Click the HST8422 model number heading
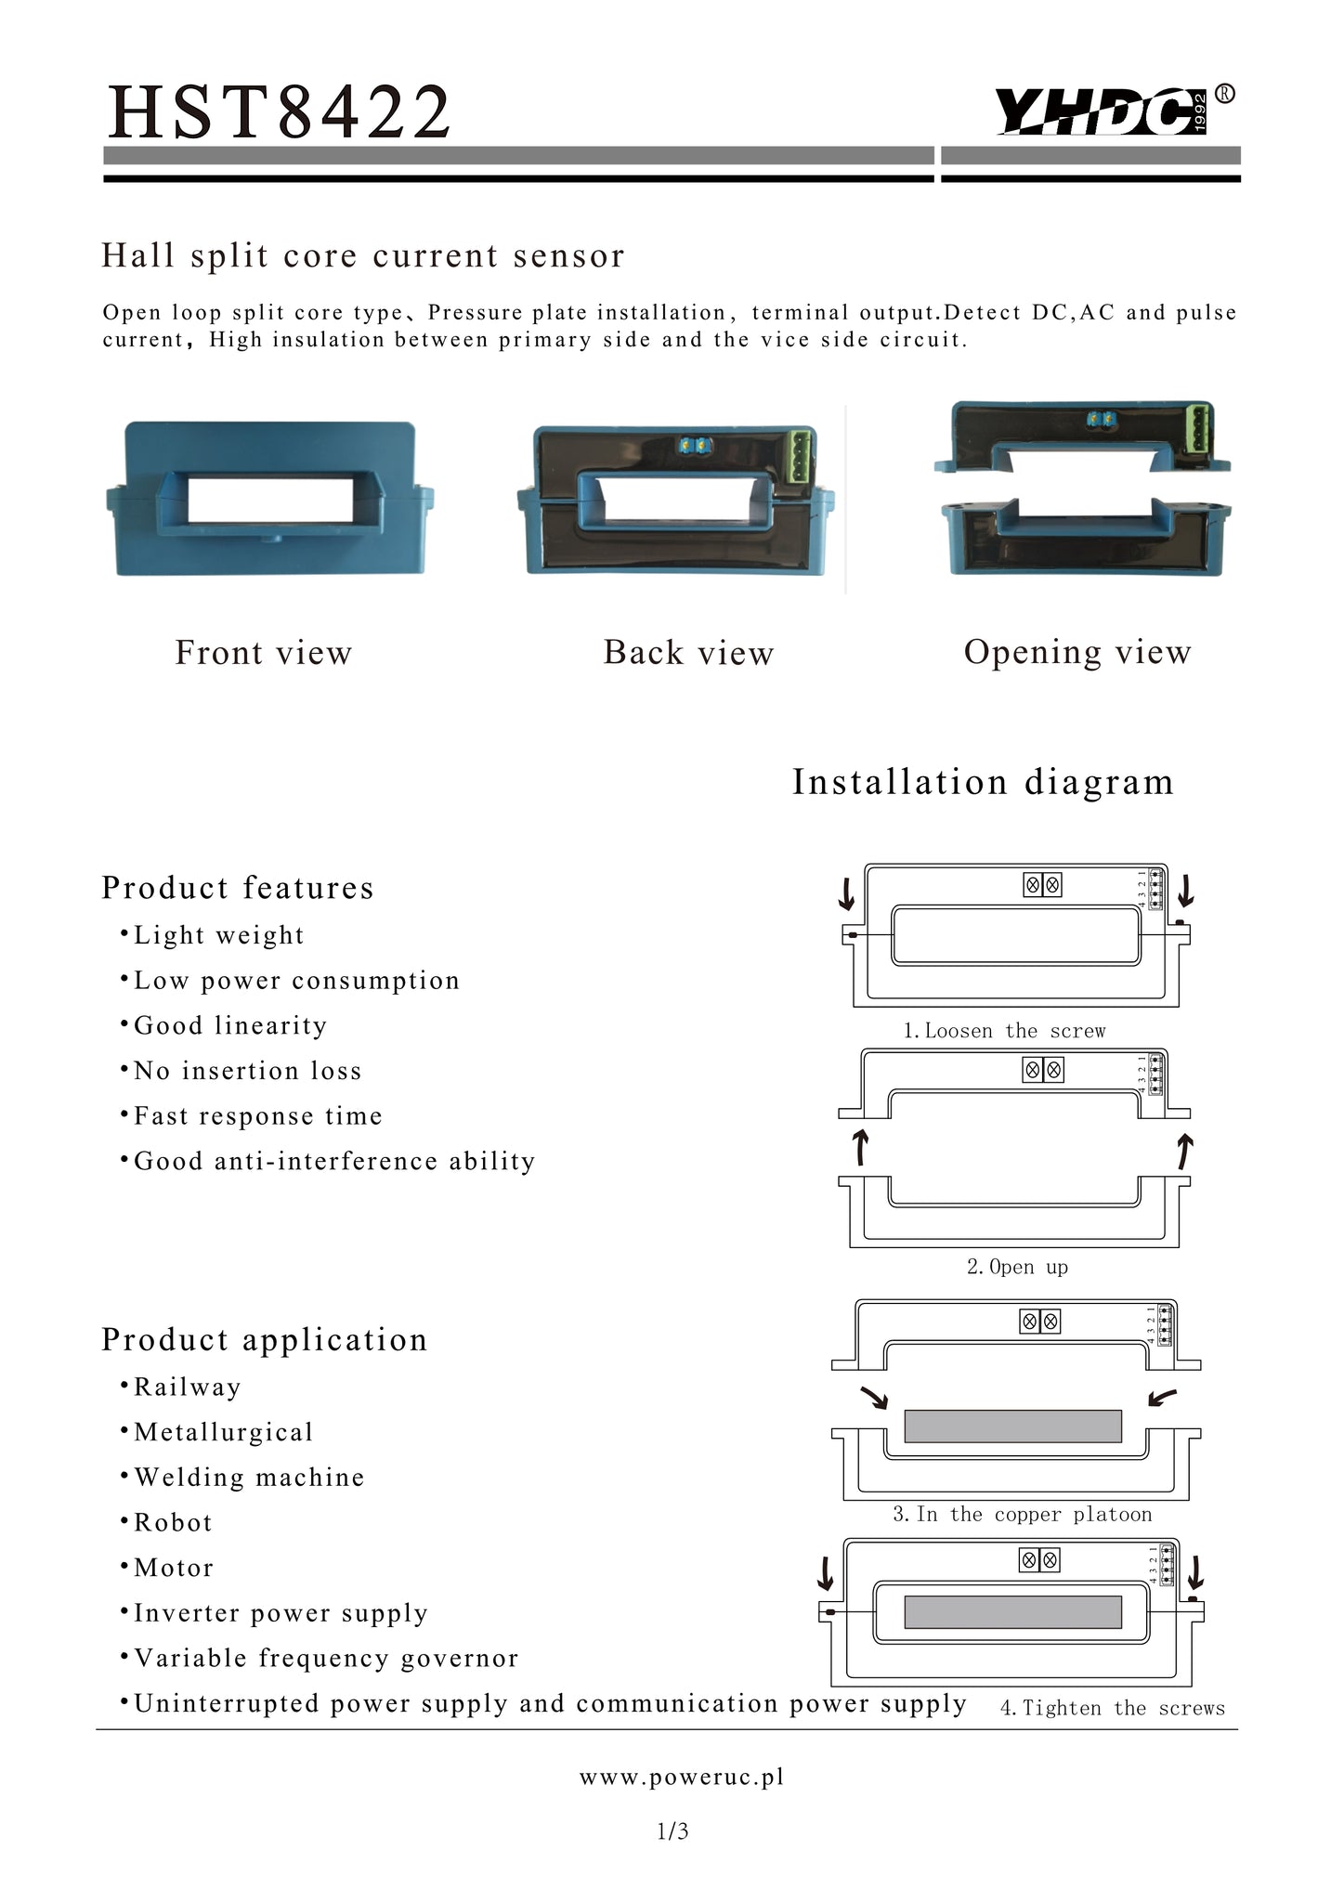(280, 112)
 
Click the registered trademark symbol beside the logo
(1225, 94)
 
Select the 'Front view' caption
(264, 653)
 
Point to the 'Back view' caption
(688, 653)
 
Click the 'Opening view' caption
(1077, 653)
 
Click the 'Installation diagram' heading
(983, 782)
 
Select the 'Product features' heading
(238, 888)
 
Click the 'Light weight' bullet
(218, 935)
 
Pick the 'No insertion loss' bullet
(247, 1071)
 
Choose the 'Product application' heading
(265, 1339)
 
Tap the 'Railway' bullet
(187, 1387)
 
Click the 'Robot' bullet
(173, 1523)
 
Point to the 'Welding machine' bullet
(249, 1478)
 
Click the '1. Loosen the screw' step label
(1004, 1031)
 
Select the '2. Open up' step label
(1017, 1267)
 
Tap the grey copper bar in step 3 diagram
(1012, 1426)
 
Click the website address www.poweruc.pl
(682, 1777)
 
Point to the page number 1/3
(672, 1831)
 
